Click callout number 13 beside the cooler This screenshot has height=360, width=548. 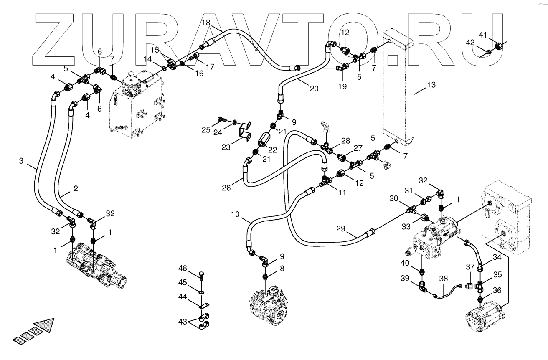point(431,85)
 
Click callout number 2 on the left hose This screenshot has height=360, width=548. point(76,188)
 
